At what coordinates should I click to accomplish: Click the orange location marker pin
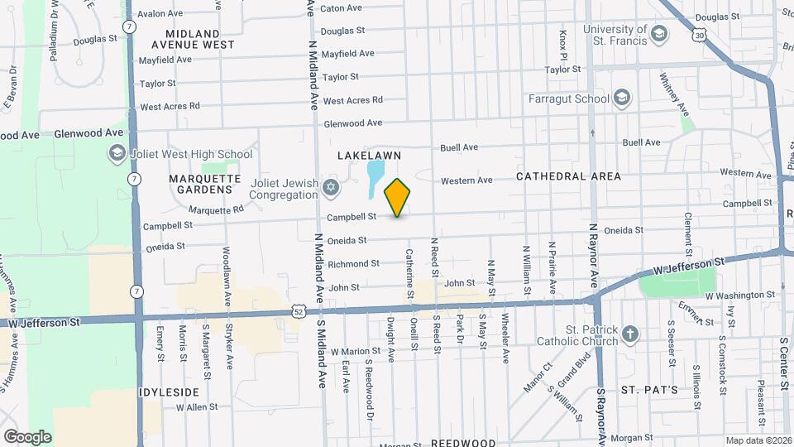398,197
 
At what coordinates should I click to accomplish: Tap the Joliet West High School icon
117,154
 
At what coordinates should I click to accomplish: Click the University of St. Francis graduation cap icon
658,35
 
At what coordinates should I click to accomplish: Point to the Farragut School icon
622,99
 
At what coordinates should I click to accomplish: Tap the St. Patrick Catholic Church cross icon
630,334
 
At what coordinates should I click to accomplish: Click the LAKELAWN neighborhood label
369,156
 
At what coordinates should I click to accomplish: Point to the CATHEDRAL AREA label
569,176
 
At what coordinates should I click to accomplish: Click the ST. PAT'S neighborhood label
649,389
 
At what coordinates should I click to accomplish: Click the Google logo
27,436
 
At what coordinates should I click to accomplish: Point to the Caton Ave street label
342,8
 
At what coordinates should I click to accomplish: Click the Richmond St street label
353,264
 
